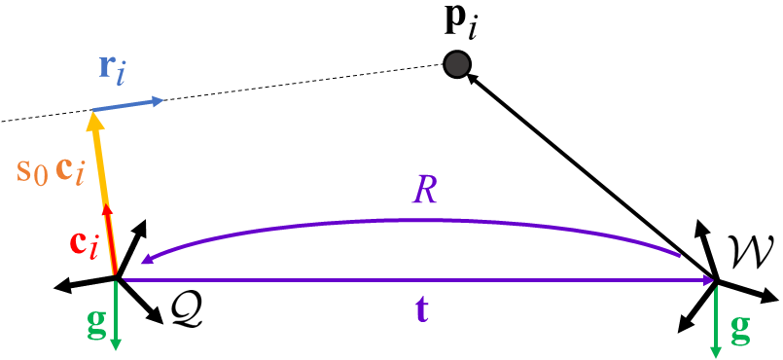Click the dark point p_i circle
(x=457, y=65)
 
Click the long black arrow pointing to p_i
(x=593, y=175)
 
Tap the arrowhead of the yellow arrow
(x=94, y=121)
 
